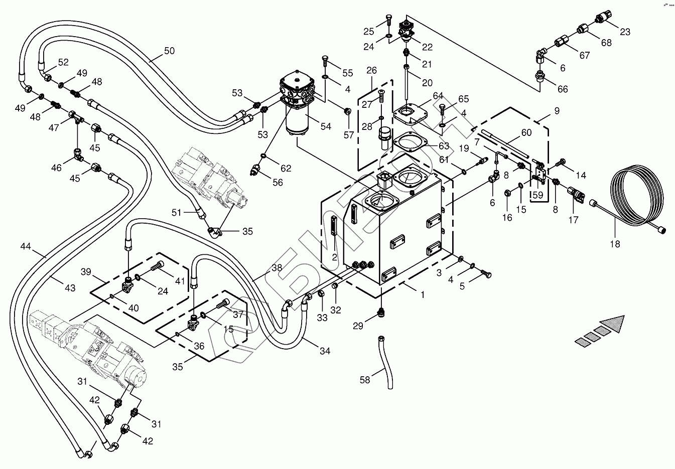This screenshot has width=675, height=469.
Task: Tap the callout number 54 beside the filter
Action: (x=326, y=126)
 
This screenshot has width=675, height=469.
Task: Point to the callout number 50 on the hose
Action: (x=169, y=51)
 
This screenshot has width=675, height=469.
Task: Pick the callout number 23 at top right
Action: (x=625, y=32)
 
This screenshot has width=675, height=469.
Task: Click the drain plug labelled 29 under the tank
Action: (x=381, y=311)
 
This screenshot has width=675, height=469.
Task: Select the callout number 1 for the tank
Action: (x=422, y=295)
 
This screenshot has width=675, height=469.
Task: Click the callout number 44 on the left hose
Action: (x=26, y=246)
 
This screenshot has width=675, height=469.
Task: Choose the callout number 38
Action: (x=277, y=268)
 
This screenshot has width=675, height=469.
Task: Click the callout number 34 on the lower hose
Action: (x=325, y=351)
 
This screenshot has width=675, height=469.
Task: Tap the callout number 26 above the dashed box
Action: (x=371, y=70)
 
